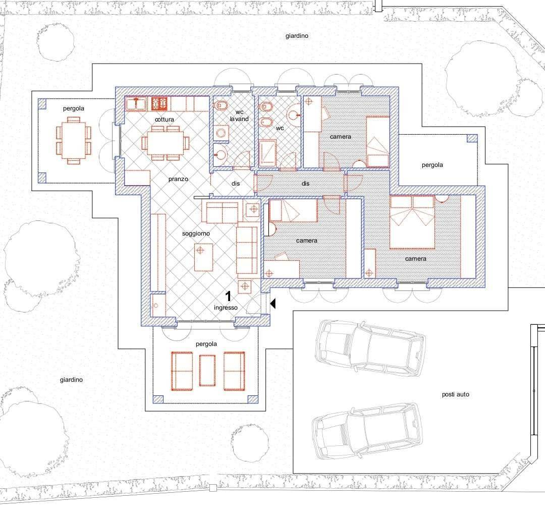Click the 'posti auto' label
click(x=455, y=394)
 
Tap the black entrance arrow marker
click(x=273, y=303)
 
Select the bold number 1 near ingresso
click(x=228, y=296)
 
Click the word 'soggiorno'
click(x=196, y=234)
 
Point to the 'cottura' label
click(x=165, y=119)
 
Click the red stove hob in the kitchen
click(x=159, y=103)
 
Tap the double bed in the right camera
click(x=412, y=222)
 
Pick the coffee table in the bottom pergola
click(x=207, y=370)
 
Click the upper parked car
click(x=370, y=348)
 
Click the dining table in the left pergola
click(x=73, y=140)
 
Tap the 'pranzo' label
click(x=178, y=179)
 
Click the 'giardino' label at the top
click(x=297, y=36)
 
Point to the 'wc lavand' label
click(x=239, y=115)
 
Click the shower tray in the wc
click(x=267, y=152)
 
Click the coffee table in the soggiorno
click(x=203, y=257)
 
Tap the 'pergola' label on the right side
click(x=432, y=165)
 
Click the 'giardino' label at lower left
click(x=71, y=380)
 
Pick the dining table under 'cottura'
click(x=166, y=143)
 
